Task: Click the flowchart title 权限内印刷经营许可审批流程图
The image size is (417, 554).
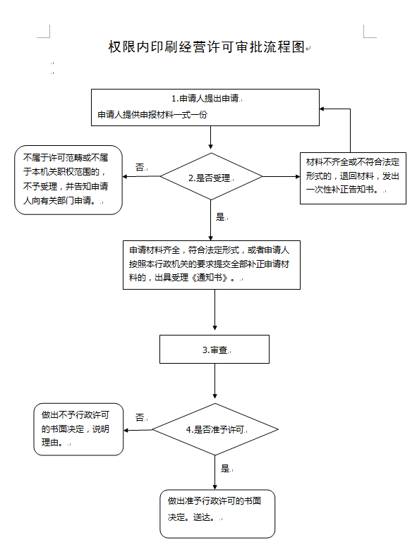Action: pyautogui.click(x=206, y=47)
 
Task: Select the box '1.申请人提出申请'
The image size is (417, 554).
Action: pyautogui.click(x=205, y=107)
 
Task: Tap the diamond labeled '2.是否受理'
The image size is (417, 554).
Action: pyautogui.click(x=211, y=176)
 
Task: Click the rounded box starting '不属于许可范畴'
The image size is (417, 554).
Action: pyautogui.click(x=68, y=180)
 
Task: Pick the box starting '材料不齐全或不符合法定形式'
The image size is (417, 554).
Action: pyautogui.click(x=353, y=178)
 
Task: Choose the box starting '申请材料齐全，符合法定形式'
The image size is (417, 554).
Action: pyautogui.click(x=212, y=265)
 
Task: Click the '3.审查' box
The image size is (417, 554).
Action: pyautogui.click(x=214, y=349)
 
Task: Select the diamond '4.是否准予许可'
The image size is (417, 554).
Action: pyautogui.click(x=215, y=429)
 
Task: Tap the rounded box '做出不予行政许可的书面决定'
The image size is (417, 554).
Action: pyautogui.click(x=78, y=429)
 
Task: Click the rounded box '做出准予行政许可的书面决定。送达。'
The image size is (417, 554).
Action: pyautogui.click(x=217, y=514)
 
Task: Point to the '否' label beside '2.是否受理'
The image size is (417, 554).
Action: pyautogui.click(x=140, y=167)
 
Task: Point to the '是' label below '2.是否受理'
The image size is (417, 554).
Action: pyautogui.click(x=220, y=217)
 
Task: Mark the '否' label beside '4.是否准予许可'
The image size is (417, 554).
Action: pyautogui.click(x=140, y=418)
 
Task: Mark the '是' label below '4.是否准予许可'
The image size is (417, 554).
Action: pyautogui.click(x=225, y=469)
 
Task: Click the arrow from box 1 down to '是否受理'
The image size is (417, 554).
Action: pyautogui.click(x=211, y=137)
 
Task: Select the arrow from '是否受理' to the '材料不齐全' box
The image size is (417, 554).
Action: pyautogui.click(x=282, y=176)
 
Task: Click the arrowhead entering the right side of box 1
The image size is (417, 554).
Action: pyautogui.click(x=322, y=109)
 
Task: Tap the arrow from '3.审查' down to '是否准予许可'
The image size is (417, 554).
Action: pyautogui.click(x=214, y=381)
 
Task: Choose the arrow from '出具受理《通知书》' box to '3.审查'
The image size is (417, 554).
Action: pyautogui.click(x=214, y=310)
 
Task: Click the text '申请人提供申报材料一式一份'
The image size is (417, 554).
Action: pyautogui.click(x=152, y=115)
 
